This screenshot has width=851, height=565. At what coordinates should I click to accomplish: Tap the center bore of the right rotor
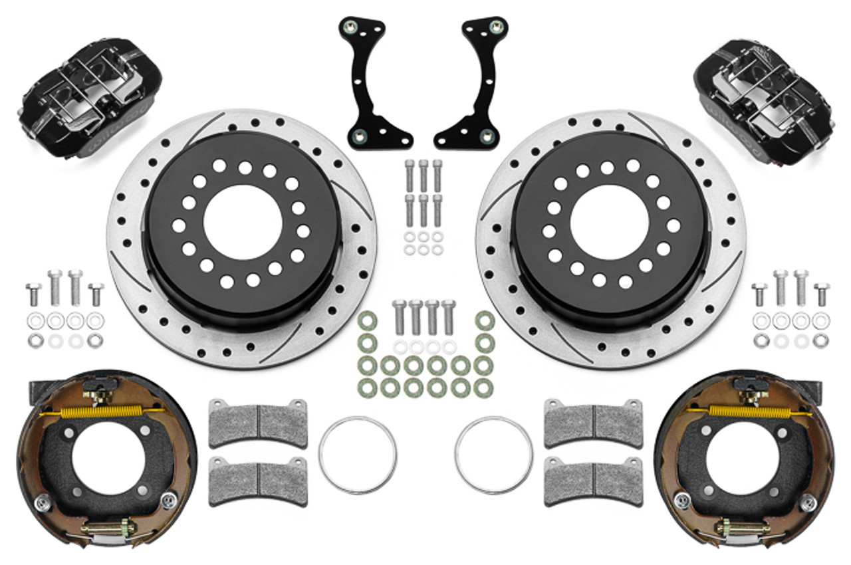pyautogui.click(x=608, y=222)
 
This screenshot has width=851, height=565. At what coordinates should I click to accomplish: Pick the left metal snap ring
pyautogui.click(x=358, y=455)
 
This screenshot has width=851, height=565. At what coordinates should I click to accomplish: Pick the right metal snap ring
pyautogui.click(x=493, y=455)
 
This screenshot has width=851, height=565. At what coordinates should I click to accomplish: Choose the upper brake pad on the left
pyautogui.click(x=258, y=423)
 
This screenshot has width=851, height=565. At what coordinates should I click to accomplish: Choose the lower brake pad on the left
pyautogui.click(x=258, y=481)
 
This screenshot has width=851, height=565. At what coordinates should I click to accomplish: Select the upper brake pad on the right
pyautogui.click(x=593, y=423)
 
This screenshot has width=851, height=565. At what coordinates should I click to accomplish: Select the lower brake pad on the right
pyautogui.click(x=593, y=481)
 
